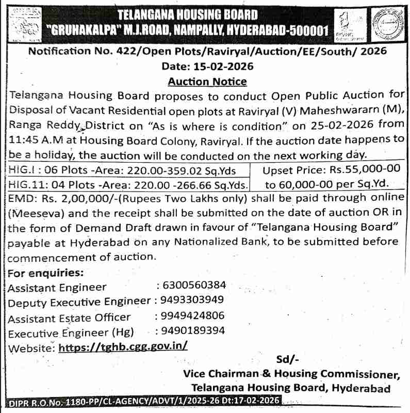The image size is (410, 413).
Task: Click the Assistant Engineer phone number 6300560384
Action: (x=194, y=285)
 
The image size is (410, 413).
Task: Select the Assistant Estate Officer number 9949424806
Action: (x=192, y=316)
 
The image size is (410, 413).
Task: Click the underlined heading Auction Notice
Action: (x=207, y=82)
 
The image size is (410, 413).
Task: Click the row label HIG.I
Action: (x=21, y=170)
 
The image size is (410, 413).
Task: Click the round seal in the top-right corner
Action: (x=387, y=23)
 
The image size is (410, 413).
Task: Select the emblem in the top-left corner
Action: (x=23, y=23)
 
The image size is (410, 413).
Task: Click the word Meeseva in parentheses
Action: (x=35, y=213)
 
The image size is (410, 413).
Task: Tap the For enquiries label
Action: (x=46, y=273)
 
